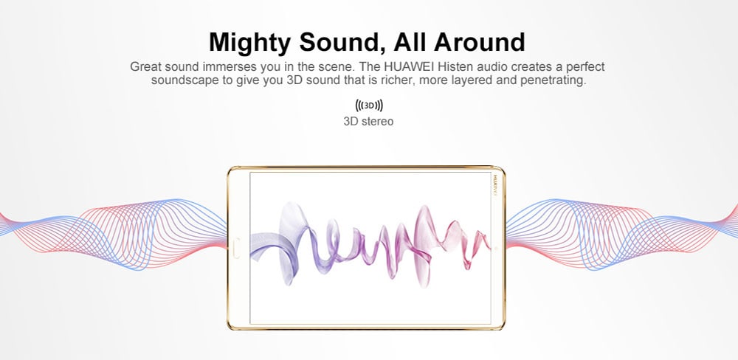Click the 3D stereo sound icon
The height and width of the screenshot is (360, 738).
pos(369,105)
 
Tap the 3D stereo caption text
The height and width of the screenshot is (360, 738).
pos(368,122)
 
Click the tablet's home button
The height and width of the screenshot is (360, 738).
pos(237,248)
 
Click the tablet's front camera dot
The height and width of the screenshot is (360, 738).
pos(496,248)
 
